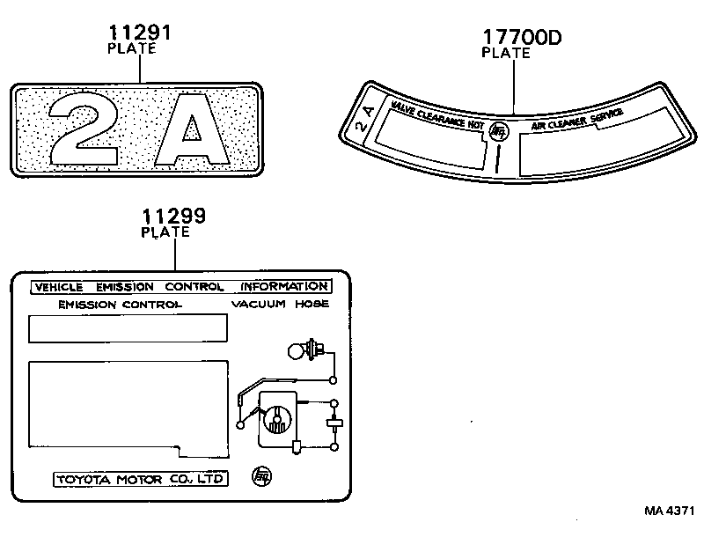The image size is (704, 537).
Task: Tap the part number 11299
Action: pos(174,217)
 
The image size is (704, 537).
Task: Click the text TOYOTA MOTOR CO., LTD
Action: pos(141,480)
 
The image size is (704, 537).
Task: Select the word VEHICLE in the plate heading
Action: pos(58,287)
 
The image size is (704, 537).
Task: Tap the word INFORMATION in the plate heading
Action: pos(284,287)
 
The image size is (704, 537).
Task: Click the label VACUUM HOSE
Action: pos(280,305)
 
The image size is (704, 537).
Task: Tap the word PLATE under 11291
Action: pos(131,49)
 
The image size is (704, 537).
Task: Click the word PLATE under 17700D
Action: pos(506,53)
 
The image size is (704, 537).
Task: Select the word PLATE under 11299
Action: pos(165,232)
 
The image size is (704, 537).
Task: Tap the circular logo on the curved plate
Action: pos(498,129)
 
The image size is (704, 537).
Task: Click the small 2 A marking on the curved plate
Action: pos(366,119)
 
